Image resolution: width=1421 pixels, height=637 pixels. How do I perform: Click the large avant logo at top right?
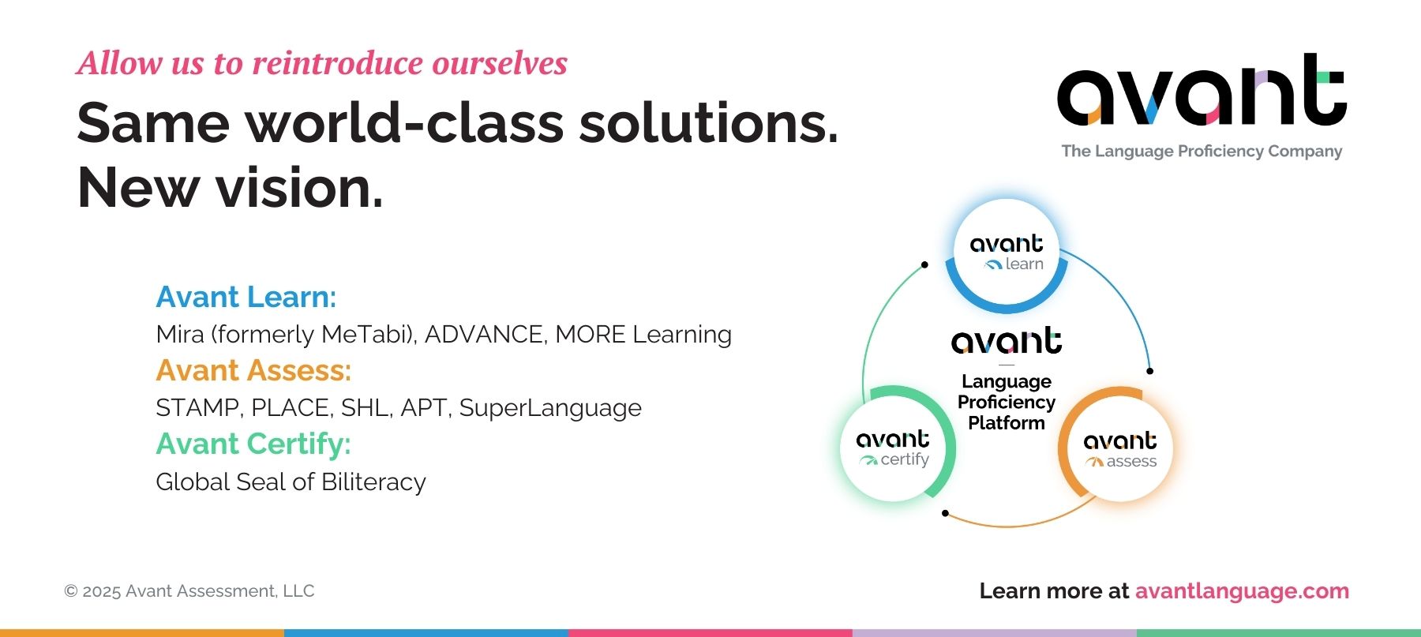(1202, 90)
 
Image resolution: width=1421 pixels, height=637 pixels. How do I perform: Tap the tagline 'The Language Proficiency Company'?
(1202, 151)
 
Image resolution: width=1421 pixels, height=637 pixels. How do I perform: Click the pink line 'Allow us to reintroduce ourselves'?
(322, 63)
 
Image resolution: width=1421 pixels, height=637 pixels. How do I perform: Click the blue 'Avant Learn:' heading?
(246, 297)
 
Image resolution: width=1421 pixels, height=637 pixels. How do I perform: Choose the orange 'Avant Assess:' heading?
(253, 370)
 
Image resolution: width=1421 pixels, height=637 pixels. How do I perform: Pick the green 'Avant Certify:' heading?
(253, 444)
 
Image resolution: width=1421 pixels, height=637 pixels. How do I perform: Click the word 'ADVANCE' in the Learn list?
(486, 334)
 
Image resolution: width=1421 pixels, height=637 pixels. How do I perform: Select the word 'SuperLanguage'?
(550, 408)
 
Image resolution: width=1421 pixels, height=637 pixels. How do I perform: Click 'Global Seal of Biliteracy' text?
(291, 481)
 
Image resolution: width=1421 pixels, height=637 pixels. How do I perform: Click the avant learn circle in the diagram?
(1007, 253)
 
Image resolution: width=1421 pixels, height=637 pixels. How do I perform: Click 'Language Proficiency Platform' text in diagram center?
(1007, 402)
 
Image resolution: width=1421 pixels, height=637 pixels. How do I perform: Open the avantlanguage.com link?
(1242, 591)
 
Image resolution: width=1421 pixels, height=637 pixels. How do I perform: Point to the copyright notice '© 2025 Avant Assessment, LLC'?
(189, 591)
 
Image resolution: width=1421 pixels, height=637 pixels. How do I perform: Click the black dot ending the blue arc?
(1149, 371)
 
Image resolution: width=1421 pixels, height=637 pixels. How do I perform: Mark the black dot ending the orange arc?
(945, 513)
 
